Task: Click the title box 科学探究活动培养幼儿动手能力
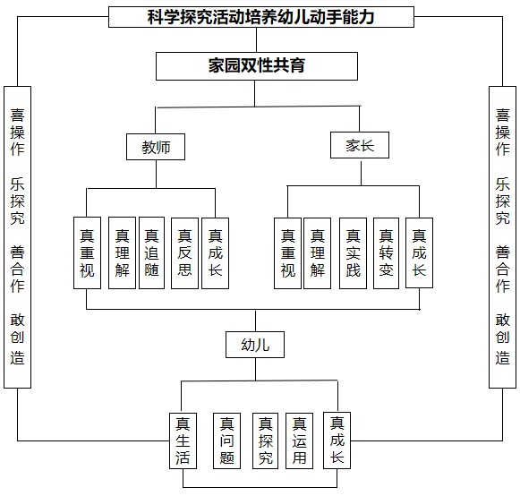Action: [x=260, y=16]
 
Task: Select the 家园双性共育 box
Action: [x=256, y=65]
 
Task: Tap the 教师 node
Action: [x=156, y=147]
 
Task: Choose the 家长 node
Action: [x=360, y=145]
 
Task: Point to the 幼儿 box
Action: [x=255, y=345]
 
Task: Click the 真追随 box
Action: [x=151, y=252]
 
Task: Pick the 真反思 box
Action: [x=184, y=252]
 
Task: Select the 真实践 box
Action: [x=353, y=252]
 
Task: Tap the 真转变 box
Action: [x=386, y=252]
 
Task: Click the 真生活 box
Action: [x=183, y=440]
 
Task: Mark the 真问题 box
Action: [x=226, y=440]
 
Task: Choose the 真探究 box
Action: [x=265, y=440]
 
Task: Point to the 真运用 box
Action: [x=300, y=440]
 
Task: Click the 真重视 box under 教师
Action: [x=87, y=252]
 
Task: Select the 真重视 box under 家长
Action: [x=287, y=252]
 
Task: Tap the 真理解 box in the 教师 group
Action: [x=122, y=252]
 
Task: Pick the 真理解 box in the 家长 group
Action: [x=318, y=252]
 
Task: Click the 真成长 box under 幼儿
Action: [x=337, y=440]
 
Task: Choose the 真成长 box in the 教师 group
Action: [x=215, y=252]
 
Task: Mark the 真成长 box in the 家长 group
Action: [x=419, y=252]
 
